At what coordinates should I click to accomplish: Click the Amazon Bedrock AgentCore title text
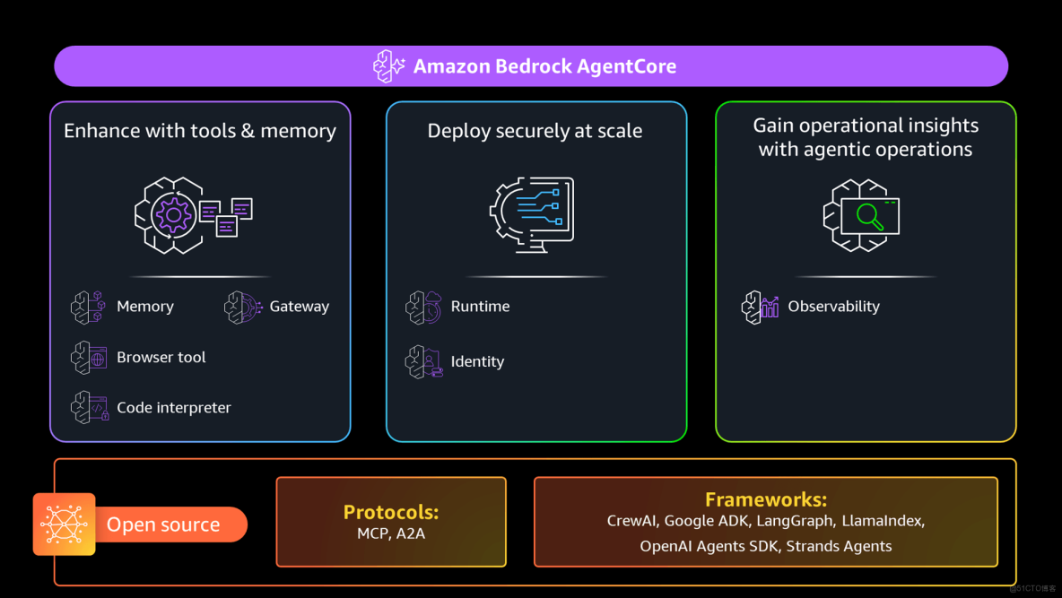point(544,66)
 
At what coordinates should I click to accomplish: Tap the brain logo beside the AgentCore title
point(390,66)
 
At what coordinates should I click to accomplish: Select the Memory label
point(144,307)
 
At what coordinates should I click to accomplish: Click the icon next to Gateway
point(243,307)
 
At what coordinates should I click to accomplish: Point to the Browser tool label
point(161,357)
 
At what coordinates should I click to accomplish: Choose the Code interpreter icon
point(90,407)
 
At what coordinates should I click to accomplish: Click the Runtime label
point(480,307)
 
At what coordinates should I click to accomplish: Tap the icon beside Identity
point(423,361)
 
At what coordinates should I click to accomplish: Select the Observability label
point(833,307)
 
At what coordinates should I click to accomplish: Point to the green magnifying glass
point(869,216)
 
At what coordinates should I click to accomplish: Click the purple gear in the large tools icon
point(172,215)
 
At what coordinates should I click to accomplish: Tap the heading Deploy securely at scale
point(535,131)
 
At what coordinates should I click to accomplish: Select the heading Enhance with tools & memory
point(200,131)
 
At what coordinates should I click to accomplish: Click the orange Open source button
point(163,524)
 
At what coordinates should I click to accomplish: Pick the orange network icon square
point(64,524)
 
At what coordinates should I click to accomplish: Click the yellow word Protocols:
point(391,512)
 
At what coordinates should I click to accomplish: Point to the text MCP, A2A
point(391,534)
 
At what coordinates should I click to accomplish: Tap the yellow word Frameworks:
point(765,499)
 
